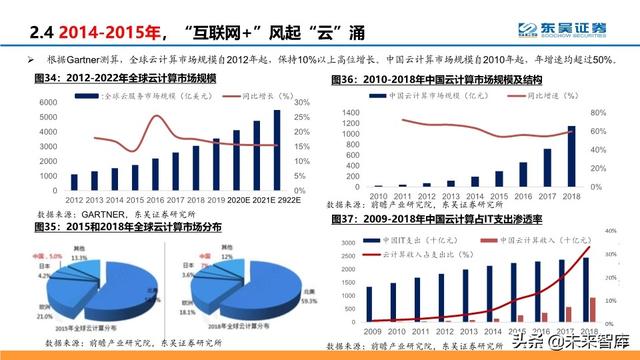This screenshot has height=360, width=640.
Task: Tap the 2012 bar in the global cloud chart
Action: (74, 182)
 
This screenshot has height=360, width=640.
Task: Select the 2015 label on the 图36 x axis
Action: (497, 195)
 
